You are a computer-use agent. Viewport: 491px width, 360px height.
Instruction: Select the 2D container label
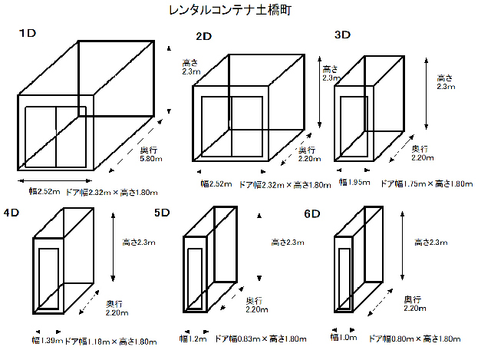pos(203,36)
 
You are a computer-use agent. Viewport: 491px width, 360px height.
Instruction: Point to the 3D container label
pos(343,35)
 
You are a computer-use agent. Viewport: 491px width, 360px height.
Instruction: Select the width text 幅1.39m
pos(47,340)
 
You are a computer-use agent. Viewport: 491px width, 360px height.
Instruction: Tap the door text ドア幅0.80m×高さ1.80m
pos(414,338)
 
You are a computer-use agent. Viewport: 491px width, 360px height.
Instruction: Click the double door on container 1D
pos(55,136)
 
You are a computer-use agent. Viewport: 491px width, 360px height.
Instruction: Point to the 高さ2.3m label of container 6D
pos(431,243)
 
